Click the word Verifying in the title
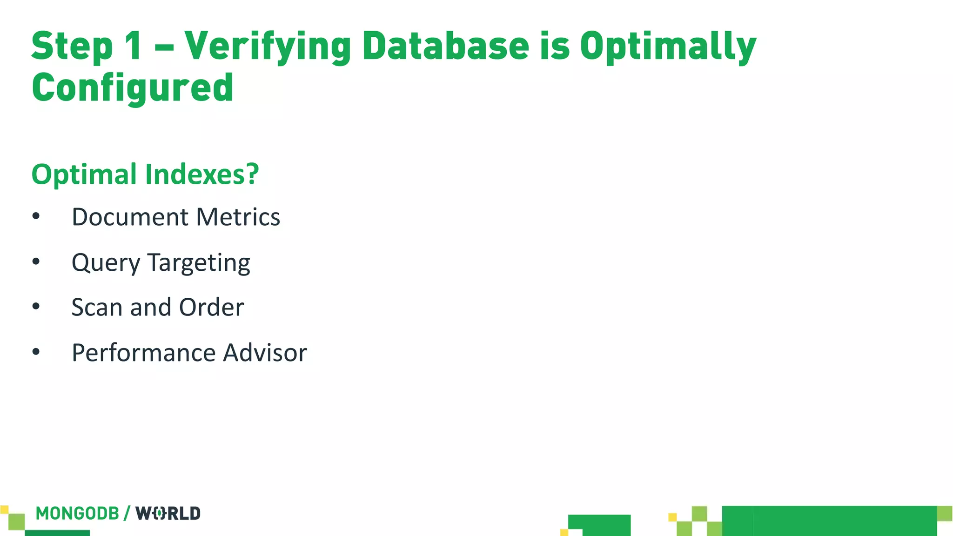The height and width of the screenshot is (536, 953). coord(268,47)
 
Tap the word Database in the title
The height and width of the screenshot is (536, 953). coord(445,47)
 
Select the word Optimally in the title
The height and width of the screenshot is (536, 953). coord(668,47)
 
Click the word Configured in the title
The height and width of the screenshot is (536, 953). coord(133,87)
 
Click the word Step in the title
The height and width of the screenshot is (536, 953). coord(72,47)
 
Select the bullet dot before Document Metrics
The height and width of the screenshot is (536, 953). coord(36,216)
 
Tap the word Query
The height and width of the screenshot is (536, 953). coord(106,263)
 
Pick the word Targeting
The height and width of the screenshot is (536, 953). coord(199,263)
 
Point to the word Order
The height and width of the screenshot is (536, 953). coord(211,307)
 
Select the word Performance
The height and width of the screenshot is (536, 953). coord(143,353)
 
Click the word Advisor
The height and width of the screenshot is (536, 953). coord(265,353)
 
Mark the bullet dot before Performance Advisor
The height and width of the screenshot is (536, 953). coord(36,352)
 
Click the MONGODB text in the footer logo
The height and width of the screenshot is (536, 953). coord(77,513)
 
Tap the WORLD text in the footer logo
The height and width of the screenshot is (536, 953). coord(168,513)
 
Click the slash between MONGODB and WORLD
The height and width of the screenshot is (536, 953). coord(127,513)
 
